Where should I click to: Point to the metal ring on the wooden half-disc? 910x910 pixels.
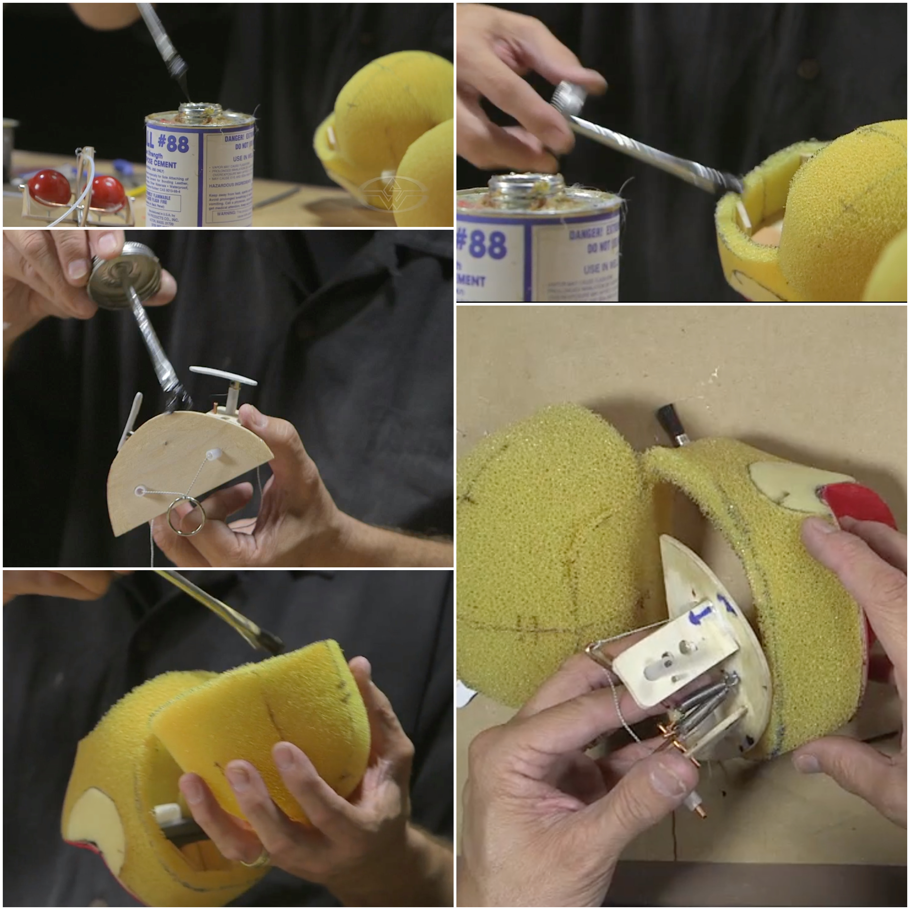(186, 516)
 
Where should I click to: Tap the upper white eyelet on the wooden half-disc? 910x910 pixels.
(213, 454)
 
